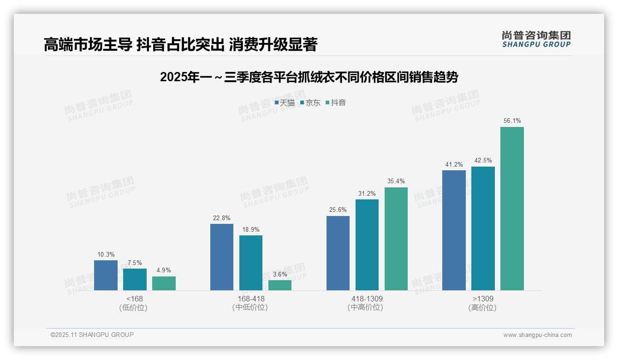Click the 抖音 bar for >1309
[x=512, y=209]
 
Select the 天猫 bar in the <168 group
[x=106, y=276]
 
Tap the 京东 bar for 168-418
[x=251, y=263]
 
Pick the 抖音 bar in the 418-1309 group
[x=396, y=239]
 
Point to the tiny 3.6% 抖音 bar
[x=280, y=285]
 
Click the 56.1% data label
[x=512, y=121]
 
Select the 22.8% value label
[x=222, y=218]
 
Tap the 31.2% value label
[x=367, y=193]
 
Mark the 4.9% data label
[x=164, y=270]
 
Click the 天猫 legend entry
[x=285, y=102]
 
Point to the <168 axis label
[x=135, y=299]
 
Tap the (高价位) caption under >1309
[x=483, y=308]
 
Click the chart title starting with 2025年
[x=309, y=77]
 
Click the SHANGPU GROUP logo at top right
[x=536, y=39]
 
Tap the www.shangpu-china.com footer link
[x=537, y=335]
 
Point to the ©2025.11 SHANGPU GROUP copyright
[x=92, y=335]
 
